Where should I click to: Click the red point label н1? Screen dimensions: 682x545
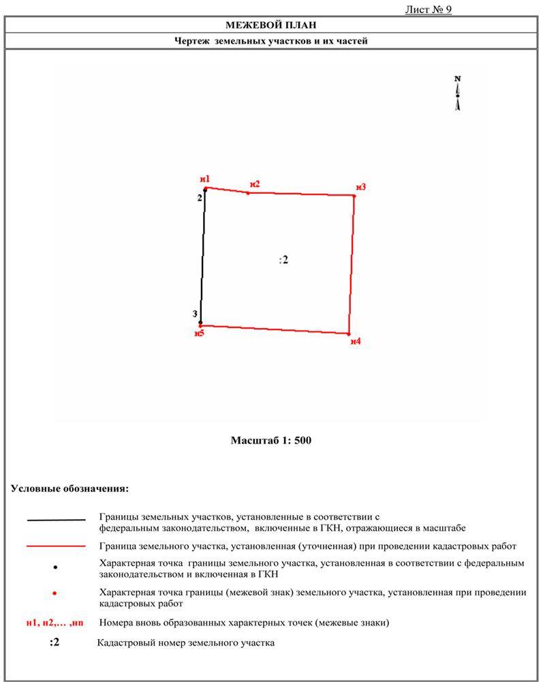click(x=205, y=179)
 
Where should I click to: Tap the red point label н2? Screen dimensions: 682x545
click(x=255, y=183)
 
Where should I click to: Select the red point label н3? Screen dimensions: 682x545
click(x=361, y=187)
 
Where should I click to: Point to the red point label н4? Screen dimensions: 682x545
click(x=356, y=341)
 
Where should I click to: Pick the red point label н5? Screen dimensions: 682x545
click(x=199, y=333)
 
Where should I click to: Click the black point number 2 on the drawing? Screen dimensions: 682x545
click(x=200, y=198)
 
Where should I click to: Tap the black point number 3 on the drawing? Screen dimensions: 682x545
click(x=195, y=314)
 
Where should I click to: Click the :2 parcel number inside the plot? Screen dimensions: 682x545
click(x=284, y=260)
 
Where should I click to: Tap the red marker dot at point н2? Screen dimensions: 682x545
click(x=248, y=193)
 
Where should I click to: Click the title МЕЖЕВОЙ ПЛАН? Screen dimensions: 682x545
click(x=272, y=25)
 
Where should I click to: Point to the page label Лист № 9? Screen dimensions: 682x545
click(x=429, y=10)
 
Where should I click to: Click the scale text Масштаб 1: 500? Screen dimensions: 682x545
click(x=271, y=441)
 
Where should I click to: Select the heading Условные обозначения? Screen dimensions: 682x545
click(x=70, y=489)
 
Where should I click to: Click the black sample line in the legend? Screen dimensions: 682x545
click(x=57, y=520)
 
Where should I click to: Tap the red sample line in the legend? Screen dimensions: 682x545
click(x=57, y=546)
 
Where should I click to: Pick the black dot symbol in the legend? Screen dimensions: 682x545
click(x=55, y=567)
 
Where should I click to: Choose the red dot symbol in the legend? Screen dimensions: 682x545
click(x=54, y=594)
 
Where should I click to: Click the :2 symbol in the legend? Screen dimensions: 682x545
click(x=54, y=642)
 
